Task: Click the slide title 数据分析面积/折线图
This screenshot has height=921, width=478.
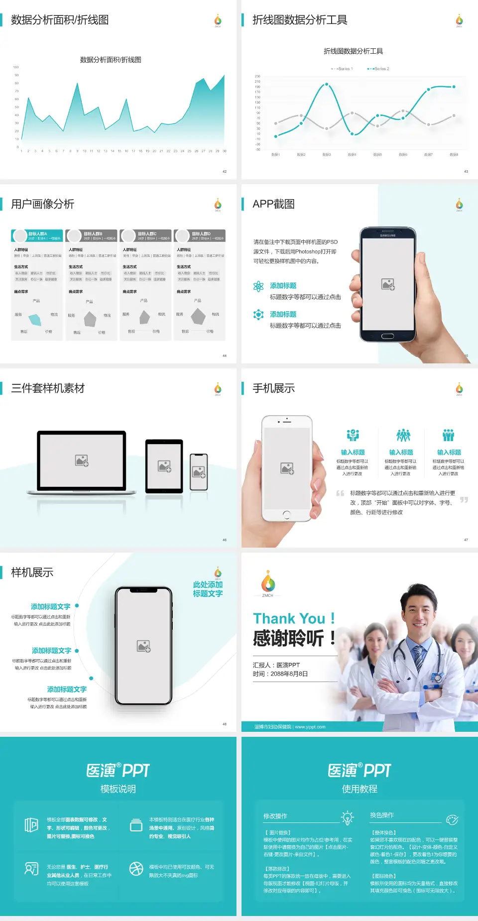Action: tap(60, 20)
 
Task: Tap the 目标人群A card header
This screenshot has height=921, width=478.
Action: tap(37, 235)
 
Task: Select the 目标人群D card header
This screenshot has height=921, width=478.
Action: tap(200, 235)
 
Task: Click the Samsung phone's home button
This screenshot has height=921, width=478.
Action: tap(387, 336)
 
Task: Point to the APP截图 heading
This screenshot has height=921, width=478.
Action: tap(273, 204)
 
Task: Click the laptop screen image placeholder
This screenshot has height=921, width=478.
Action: tap(82, 460)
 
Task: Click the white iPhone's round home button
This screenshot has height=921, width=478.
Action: tap(286, 514)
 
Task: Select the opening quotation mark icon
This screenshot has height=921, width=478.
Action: tap(340, 493)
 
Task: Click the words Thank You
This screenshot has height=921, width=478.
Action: tap(289, 618)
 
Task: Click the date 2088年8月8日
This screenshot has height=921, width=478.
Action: tap(289, 674)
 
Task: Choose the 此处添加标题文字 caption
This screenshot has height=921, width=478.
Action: tap(208, 589)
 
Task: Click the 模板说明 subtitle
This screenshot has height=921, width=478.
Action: tap(118, 789)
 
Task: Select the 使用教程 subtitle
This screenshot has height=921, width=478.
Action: tap(359, 789)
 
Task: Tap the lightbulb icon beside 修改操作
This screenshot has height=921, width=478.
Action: tap(347, 817)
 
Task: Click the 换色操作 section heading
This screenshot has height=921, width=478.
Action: tap(382, 815)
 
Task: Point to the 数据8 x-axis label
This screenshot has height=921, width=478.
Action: tap(454, 155)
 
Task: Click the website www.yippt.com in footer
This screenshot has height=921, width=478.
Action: tap(310, 727)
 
